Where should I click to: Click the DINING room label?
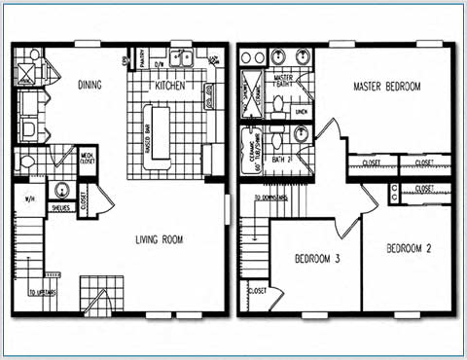[x=90, y=85]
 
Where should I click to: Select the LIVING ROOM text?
[x=162, y=237]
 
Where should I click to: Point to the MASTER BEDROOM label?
[x=387, y=88]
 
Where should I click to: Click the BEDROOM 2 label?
[x=409, y=248]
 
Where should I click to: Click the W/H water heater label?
[x=26, y=201]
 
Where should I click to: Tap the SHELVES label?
[x=60, y=206]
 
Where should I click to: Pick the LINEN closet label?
[x=301, y=112]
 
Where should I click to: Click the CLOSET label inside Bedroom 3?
[x=258, y=290]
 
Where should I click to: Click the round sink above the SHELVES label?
[x=62, y=190]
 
